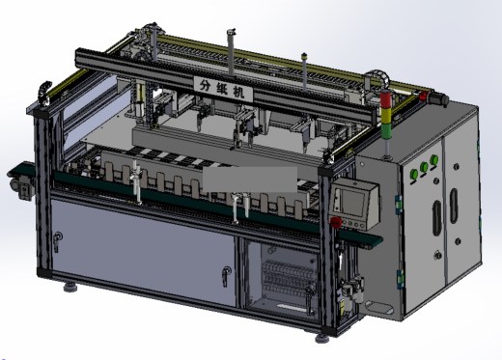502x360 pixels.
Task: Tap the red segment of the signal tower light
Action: [x=385, y=97]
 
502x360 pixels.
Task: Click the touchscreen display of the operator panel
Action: [x=352, y=203]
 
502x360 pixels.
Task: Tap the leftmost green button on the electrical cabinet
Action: [x=414, y=175]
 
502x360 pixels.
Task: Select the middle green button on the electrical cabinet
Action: [x=424, y=167]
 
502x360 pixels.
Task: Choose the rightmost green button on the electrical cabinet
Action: [x=434, y=159]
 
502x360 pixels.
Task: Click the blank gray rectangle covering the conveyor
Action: [x=250, y=180]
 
